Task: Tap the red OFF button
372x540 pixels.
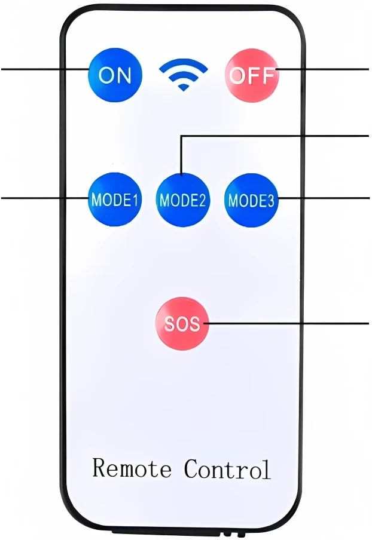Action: pos(252,76)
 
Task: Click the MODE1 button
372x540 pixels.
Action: pos(115,200)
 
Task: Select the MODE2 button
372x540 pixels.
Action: pos(182,200)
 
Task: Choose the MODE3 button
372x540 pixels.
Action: pos(251,200)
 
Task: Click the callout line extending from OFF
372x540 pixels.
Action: pos(323,69)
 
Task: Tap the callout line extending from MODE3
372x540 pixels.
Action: pos(323,197)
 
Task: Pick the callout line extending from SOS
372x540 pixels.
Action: pos(287,323)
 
